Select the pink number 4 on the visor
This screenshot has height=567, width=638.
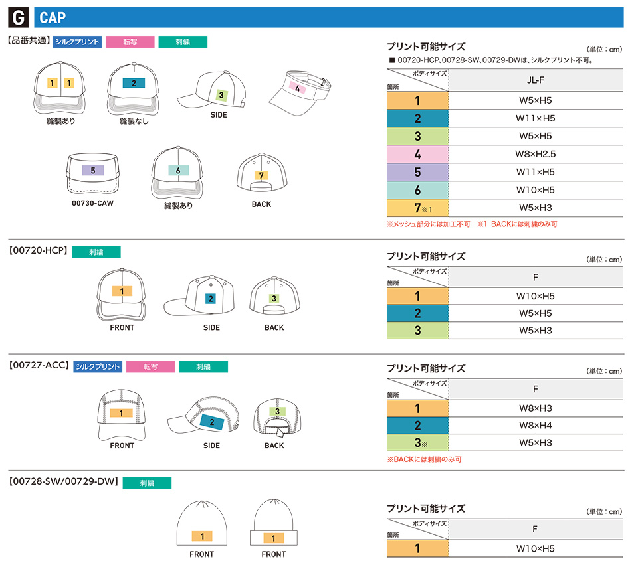298,88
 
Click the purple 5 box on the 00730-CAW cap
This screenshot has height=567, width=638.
92,171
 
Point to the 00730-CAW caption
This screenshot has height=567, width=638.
92,204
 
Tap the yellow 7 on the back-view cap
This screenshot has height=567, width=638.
262,175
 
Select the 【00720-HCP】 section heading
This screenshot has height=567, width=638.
38,252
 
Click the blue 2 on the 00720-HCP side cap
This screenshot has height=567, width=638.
211,299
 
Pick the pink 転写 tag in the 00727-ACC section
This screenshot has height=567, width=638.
150,366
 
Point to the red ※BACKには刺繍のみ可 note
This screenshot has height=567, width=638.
424,459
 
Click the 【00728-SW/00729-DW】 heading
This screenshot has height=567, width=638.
63,483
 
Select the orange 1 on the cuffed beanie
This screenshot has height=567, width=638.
272,538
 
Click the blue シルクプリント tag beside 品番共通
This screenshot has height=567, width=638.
77,42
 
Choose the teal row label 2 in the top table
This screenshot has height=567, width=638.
417,119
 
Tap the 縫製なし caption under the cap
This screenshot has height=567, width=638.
134,121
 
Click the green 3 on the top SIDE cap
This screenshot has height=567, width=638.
221,96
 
